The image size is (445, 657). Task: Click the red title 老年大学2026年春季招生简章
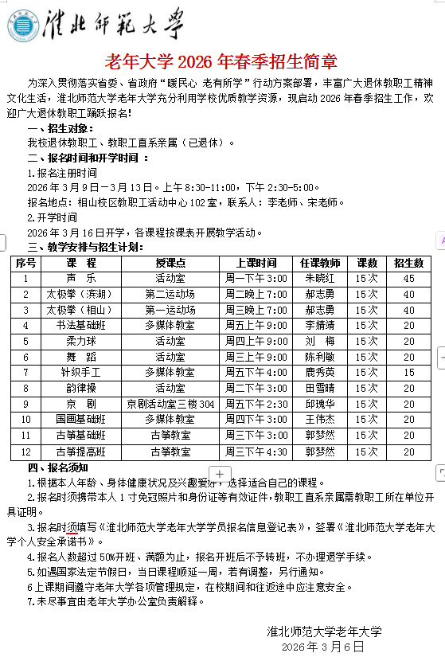coord(221,61)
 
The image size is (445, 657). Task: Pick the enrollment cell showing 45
coord(408,279)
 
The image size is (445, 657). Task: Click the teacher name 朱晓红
coord(319,279)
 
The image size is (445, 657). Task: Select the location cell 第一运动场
coord(170,310)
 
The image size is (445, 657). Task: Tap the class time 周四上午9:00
coord(256,341)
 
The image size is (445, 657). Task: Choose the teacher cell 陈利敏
coord(319,357)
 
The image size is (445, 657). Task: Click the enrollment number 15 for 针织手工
coord(408,372)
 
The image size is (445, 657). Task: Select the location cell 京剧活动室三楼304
coord(170,404)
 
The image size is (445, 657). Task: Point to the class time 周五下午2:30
coord(256,404)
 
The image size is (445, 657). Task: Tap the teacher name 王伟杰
coord(319,419)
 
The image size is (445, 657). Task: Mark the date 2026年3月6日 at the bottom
coord(322,647)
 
